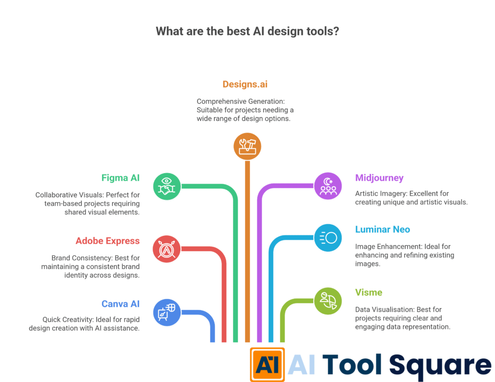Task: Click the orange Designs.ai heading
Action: click(x=245, y=84)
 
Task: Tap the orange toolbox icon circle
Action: click(x=247, y=146)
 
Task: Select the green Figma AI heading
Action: click(x=120, y=178)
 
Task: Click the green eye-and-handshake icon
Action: click(x=167, y=186)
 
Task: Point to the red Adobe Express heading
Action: click(x=107, y=241)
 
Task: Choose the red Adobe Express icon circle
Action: click(x=167, y=249)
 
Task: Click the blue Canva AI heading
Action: click(x=120, y=304)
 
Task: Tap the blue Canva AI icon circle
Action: click(x=167, y=312)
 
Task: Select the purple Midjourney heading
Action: click(x=379, y=178)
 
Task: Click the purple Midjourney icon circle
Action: click(x=328, y=186)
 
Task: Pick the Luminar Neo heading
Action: click(x=382, y=229)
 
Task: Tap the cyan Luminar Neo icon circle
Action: click(x=328, y=237)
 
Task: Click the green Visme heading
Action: click(x=369, y=292)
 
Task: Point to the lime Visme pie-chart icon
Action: click(x=328, y=300)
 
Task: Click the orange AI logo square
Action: click(x=267, y=364)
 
